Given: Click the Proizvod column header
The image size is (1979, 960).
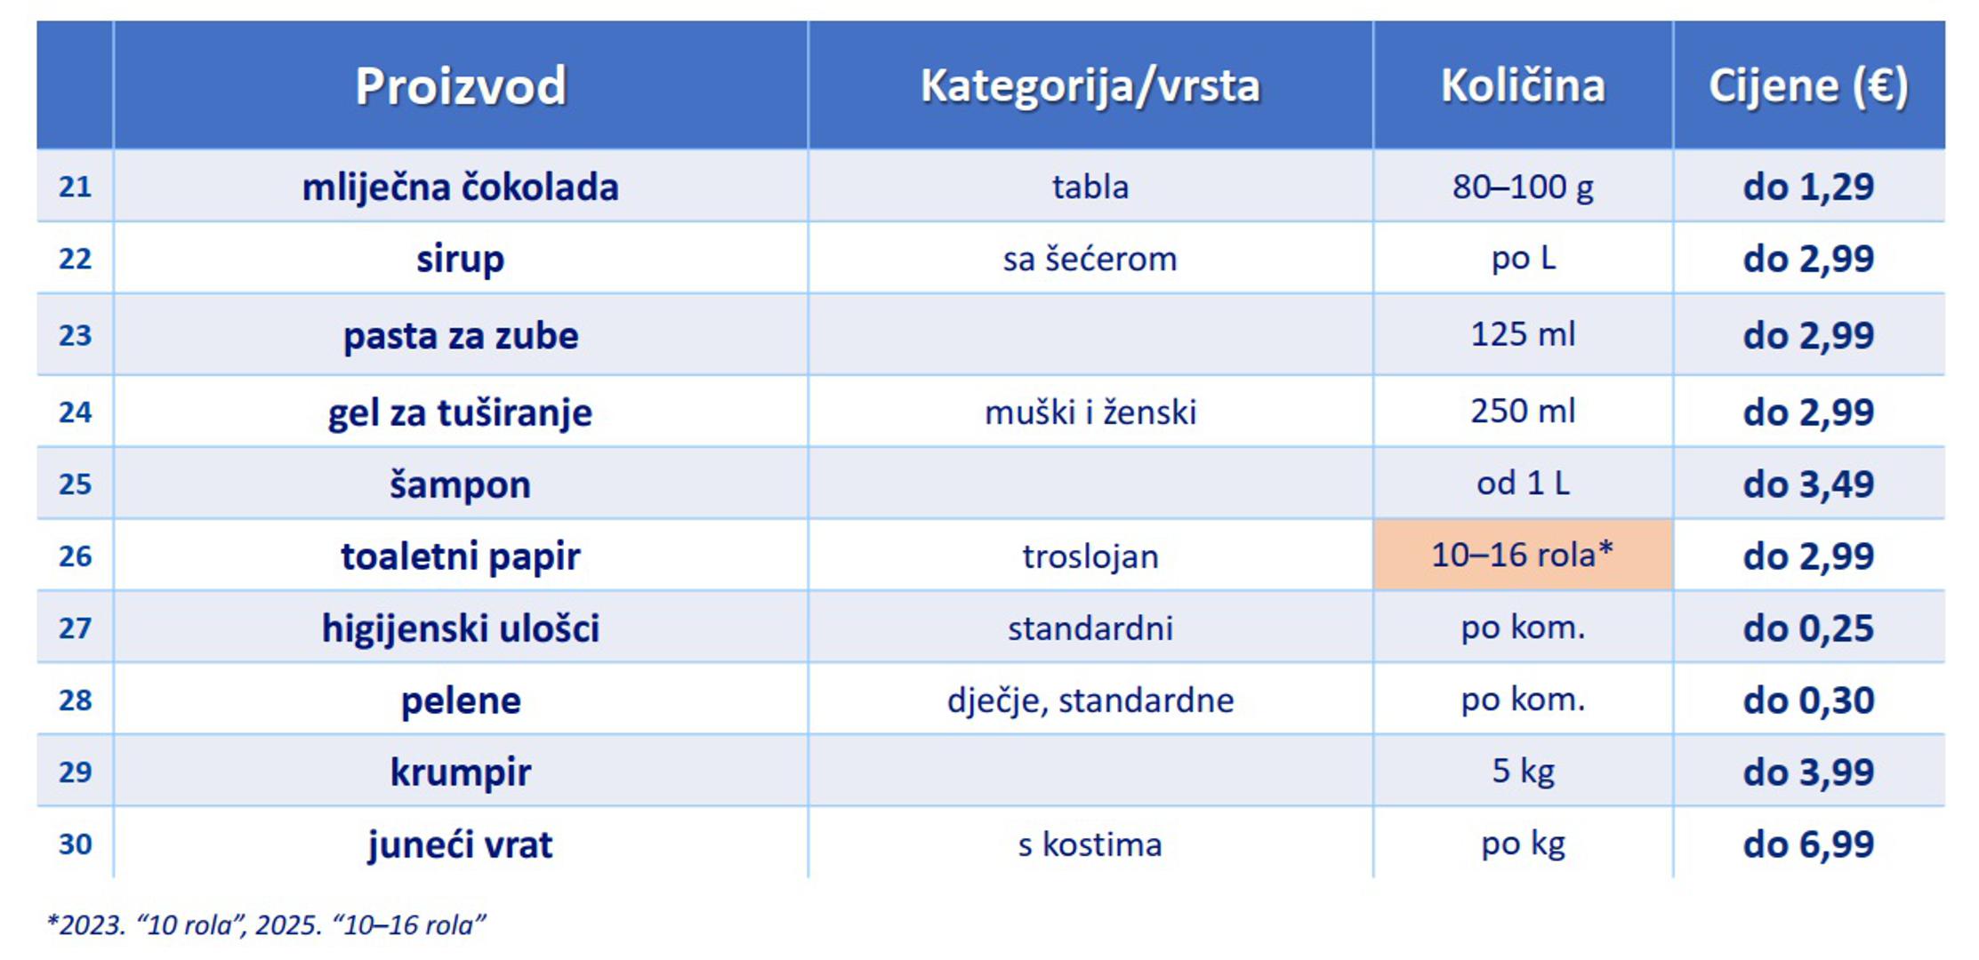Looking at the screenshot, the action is (x=460, y=86).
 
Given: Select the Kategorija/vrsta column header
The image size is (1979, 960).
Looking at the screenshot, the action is (x=1090, y=86).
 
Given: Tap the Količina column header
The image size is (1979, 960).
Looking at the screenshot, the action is (x=1523, y=86).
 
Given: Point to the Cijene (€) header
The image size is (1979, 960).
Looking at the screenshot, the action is (x=1808, y=87).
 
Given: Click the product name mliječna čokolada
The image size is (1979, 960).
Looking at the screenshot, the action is (x=460, y=187).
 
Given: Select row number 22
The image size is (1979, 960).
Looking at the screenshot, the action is (x=75, y=259).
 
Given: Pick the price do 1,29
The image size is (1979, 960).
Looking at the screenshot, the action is (x=1808, y=187).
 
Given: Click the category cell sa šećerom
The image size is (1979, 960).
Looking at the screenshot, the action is (x=1090, y=259).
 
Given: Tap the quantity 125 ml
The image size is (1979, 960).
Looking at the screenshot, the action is (x=1523, y=334).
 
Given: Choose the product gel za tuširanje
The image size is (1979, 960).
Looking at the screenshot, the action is (x=460, y=412).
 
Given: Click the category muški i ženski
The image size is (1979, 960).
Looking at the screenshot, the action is (x=1090, y=412).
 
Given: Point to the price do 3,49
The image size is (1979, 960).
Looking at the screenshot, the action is (x=1808, y=484).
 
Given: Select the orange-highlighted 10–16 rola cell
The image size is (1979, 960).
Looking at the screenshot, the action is (x=1523, y=555).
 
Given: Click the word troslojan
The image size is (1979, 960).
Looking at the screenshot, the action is (x=1090, y=556).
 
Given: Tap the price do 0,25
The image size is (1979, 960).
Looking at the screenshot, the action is (x=1808, y=628).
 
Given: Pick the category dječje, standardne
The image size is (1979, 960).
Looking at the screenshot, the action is (x=1090, y=700).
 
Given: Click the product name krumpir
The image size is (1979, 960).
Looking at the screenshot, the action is (x=460, y=772).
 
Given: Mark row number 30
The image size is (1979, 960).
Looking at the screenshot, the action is (x=75, y=844).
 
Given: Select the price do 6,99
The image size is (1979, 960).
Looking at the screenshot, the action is (x=1808, y=844).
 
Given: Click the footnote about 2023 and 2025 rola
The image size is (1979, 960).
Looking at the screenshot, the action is (x=266, y=925).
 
